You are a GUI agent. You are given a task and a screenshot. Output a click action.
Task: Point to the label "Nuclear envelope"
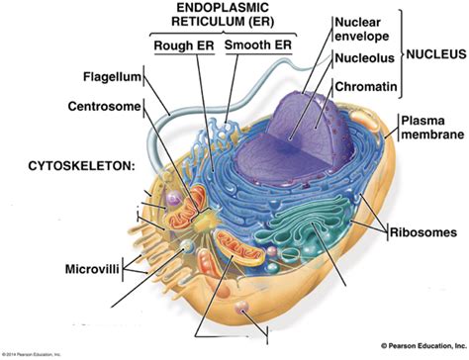click(x=365, y=30)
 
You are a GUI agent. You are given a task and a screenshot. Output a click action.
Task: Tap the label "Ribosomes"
click(x=421, y=232)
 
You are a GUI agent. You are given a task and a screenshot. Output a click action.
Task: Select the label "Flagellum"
click(x=111, y=77)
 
